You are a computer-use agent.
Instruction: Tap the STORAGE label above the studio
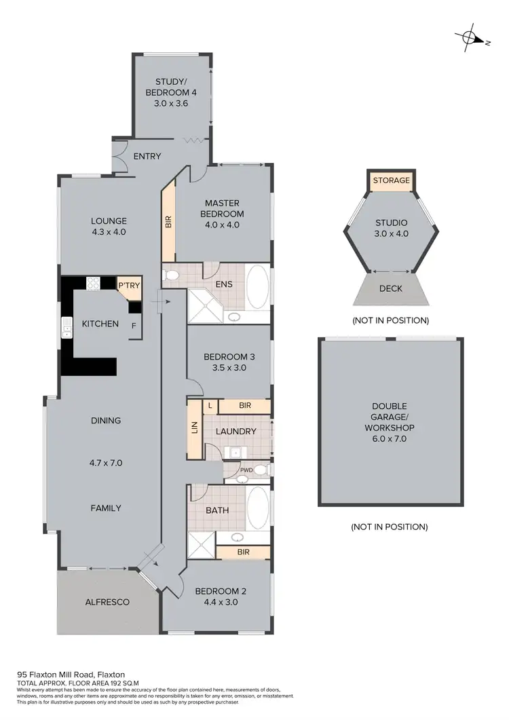tap(390, 181)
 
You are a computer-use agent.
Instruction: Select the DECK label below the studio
tap(390, 288)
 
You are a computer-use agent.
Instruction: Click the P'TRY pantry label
tap(129, 286)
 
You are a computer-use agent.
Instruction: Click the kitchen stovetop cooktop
tap(93, 284)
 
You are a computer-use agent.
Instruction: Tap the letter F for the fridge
tap(134, 325)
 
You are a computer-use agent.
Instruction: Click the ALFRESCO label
tap(107, 602)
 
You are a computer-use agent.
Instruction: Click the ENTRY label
tap(147, 157)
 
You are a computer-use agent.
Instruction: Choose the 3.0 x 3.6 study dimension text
tap(171, 104)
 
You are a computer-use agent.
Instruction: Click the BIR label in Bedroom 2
tap(243, 552)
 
